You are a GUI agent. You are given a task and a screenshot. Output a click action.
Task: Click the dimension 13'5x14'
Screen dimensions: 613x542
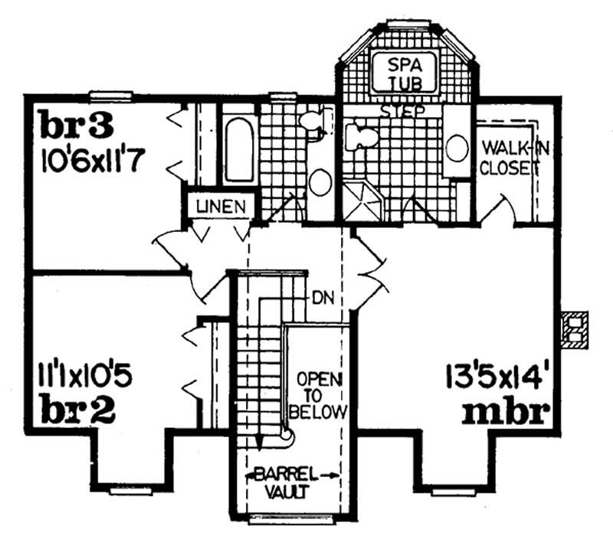coord(497,376)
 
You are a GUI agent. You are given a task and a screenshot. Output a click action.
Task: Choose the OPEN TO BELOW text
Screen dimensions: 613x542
coord(319,397)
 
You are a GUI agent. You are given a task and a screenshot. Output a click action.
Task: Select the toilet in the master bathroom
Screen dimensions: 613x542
coord(360,138)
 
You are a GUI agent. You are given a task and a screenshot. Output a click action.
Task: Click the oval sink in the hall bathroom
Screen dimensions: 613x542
coord(320,182)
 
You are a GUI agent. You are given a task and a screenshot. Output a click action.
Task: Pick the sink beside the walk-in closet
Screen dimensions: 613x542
coord(457,147)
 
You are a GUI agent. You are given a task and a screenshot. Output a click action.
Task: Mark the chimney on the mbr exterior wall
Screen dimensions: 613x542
coord(572,330)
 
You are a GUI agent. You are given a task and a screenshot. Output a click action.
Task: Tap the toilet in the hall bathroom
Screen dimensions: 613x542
coord(313,120)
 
